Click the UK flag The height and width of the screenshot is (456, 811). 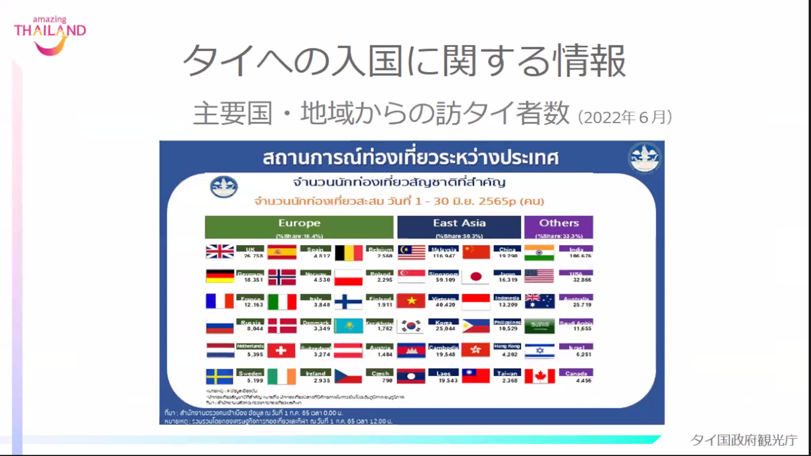click(x=220, y=252)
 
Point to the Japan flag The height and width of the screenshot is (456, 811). click(x=476, y=277)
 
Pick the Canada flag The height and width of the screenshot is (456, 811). click(x=539, y=376)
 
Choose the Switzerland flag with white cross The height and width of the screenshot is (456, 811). click(x=281, y=350)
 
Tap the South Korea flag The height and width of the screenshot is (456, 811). click(x=411, y=326)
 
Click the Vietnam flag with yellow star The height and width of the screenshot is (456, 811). click(x=411, y=301)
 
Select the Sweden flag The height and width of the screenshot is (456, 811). click(x=220, y=376)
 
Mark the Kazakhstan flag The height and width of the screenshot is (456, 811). click(x=348, y=326)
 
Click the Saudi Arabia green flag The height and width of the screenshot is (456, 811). click(x=539, y=326)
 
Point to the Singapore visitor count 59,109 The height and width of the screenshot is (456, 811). click(x=446, y=280)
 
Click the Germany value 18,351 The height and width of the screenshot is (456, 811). click(x=253, y=280)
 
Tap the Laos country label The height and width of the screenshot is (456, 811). click(x=444, y=373)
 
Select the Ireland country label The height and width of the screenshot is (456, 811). click(x=316, y=373)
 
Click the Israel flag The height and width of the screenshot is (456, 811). click(x=539, y=351)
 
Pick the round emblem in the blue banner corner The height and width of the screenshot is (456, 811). click(x=645, y=158)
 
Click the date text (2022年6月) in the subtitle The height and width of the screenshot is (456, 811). click(x=625, y=117)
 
